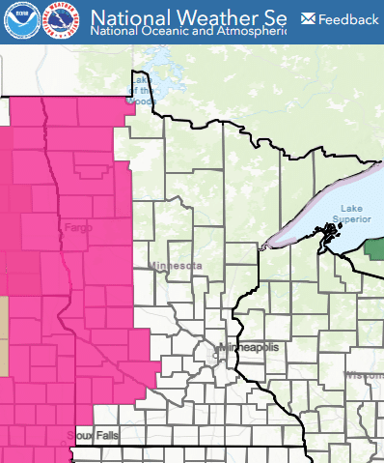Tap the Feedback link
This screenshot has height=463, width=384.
pyautogui.click(x=348, y=19)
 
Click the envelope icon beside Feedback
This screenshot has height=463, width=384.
pyautogui.click(x=308, y=18)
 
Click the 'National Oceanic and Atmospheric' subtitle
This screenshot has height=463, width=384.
pyautogui.click(x=188, y=31)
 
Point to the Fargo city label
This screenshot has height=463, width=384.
pyautogui.click(x=78, y=228)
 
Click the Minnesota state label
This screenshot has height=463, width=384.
pyautogui.click(x=176, y=265)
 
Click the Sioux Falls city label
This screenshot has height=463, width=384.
pyautogui.click(x=92, y=436)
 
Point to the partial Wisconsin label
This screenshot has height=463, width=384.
pyautogui.click(x=366, y=374)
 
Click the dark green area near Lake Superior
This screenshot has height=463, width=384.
pyautogui.click(x=374, y=246)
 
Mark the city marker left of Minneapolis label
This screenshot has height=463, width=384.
pyautogui.click(x=218, y=347)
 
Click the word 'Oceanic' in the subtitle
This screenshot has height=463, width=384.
pyautogui.click(x=168, y=31)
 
